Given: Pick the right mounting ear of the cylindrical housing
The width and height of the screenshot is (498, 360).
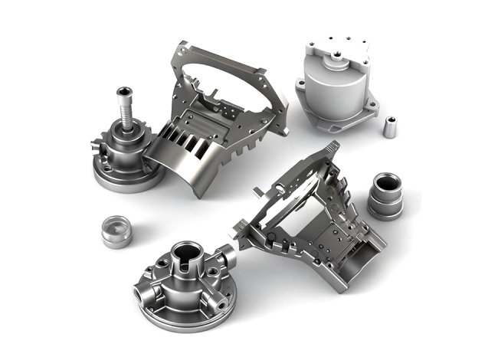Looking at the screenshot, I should click(x=373, y=105).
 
